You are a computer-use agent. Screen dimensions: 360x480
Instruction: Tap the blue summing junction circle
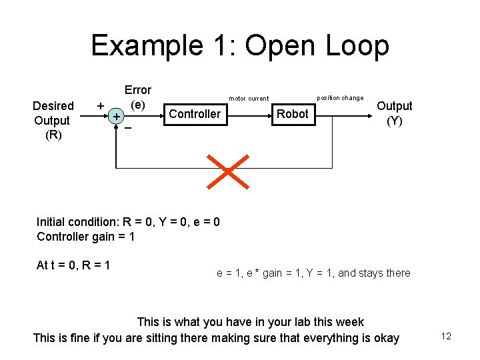(117, 117)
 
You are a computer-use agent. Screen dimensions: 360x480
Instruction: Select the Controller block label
(195, 114)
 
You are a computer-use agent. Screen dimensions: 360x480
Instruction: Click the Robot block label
(293, 114)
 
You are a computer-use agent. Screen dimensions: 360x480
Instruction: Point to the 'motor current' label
(249, 99)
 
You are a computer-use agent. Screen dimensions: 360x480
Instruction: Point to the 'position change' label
(340, 98)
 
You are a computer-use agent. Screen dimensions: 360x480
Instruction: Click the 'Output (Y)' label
(395, 113)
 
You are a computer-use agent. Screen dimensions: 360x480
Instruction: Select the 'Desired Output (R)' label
(53, 121)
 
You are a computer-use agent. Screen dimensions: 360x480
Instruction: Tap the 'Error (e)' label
(138, 97)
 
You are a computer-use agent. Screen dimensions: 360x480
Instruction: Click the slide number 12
(446, 336)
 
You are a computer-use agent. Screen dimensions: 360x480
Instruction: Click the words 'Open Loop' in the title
(317, 45)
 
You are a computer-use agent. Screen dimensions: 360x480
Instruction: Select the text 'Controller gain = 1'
(85, 237)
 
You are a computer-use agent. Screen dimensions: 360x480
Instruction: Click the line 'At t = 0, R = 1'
(73, 265)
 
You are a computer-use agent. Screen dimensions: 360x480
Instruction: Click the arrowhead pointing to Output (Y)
(367, 114)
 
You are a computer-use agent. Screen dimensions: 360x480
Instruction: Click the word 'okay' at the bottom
(385, 338)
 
